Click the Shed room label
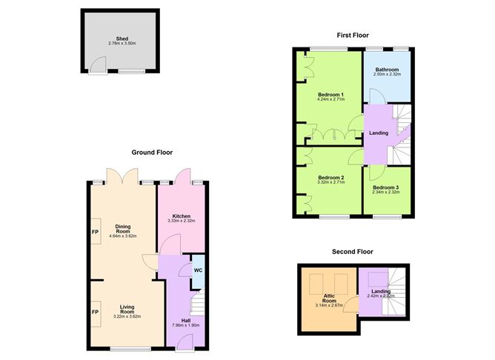click(x=122, y=39)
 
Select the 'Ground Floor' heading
click(x=152, y=153)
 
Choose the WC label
click(x=198, y=270)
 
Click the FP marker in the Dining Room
click(x=95, y=232)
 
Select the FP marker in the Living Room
click(x=95, y=313)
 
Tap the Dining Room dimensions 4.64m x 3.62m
click(x=122, y=236)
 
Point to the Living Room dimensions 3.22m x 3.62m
click(x=122, y=316)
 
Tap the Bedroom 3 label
click(x=386, y=188)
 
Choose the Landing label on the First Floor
click(x=378, y=133)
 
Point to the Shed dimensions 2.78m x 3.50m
click(x=122, y=44)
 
